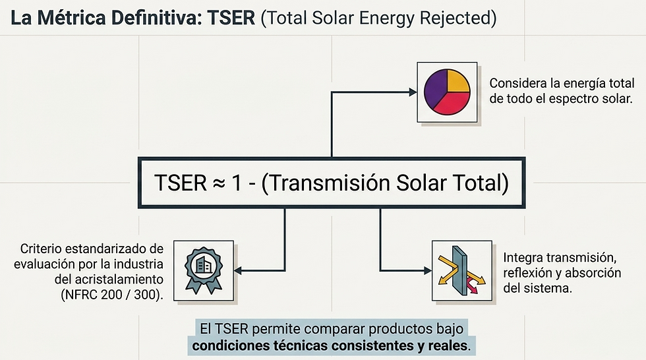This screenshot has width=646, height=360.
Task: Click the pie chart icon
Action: (x=447, y=92)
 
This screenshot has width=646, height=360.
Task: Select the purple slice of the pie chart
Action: (x=436, y=92)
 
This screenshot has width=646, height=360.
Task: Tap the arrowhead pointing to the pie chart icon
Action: (x=413, y=92)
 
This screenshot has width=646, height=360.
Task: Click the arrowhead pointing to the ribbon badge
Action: (x=239, y=270)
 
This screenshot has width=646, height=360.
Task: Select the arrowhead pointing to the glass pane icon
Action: (x=426, y=270)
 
